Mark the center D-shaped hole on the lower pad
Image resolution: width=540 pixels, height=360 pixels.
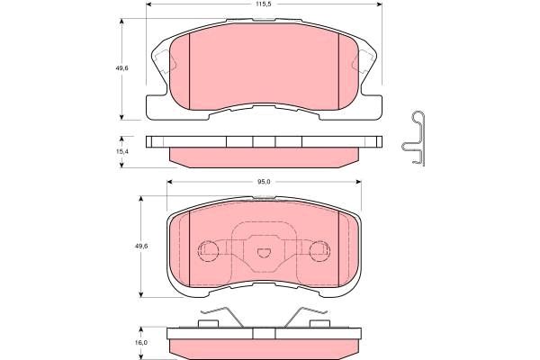click(263, 254)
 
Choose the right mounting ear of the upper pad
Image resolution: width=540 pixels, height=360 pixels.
click(368, 65)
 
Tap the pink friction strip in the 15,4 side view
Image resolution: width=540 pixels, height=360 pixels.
click(261, 157)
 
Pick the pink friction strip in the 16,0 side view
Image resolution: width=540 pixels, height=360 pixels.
click(263, 346)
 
